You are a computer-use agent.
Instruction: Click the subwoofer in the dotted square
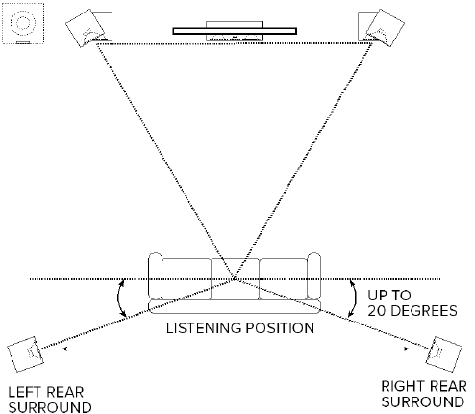23,23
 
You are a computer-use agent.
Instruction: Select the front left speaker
86,28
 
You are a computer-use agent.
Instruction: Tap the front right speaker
385,28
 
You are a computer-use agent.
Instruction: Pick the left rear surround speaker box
26,354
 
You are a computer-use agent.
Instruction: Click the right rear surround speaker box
444,354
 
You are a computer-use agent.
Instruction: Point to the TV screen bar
235,31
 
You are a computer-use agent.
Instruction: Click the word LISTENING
204,328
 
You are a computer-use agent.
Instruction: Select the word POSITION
280,328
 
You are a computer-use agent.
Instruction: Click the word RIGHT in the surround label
401,386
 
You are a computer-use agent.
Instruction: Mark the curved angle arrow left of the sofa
118,298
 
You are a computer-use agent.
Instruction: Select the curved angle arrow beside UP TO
355,298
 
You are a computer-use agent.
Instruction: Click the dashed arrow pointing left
105,349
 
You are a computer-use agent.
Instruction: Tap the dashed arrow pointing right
366,349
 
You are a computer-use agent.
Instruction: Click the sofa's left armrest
156,276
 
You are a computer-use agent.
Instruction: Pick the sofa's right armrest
313,276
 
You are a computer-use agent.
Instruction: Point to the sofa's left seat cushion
187,279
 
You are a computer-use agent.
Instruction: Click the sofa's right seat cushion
283,279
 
